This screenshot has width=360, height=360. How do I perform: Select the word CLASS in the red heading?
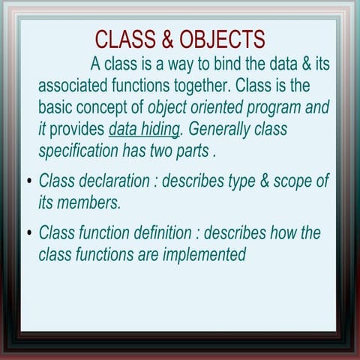[x=122, y=39]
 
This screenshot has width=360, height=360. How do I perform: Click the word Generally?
[x=223, y=128]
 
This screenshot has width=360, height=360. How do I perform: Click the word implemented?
[x=202, y=255]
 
